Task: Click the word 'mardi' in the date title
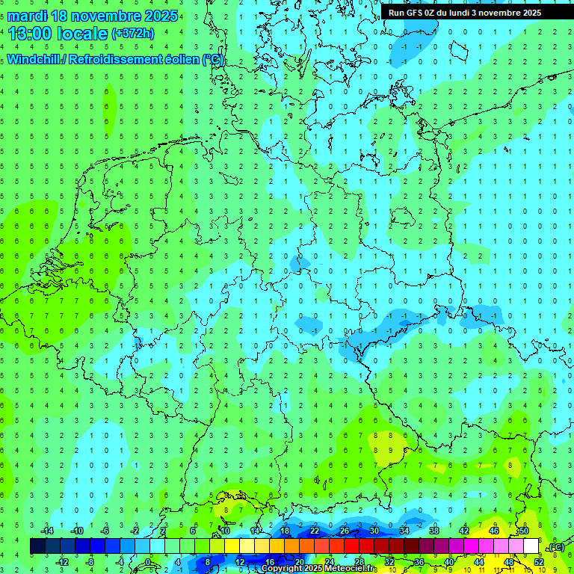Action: (x=27, y=16)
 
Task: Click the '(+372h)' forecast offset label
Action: (x=133, y=33)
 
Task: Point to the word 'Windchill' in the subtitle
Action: (x=37, y=60)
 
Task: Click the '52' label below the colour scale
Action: (x=539, y=561)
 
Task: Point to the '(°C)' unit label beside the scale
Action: (x=555, y=547)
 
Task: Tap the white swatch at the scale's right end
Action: (x=531, y=546)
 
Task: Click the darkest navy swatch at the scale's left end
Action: (x=37, y=546)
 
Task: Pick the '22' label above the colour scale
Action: (x=315, y=531)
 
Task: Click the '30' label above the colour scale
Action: (x=374, y=531)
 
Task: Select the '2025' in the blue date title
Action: (x=160, y=16)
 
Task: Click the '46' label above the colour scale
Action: (x=494, y=531)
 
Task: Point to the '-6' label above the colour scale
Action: (x=106, y=531)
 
